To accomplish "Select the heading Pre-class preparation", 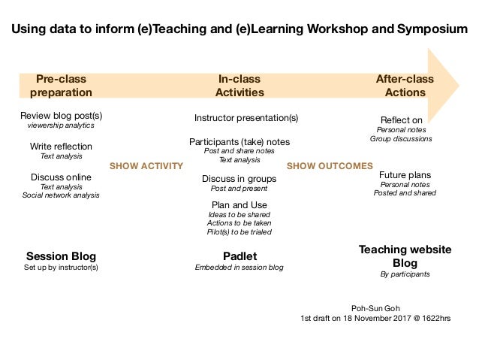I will (x=61, y=86).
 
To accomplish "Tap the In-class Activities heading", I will (x=240, y=86).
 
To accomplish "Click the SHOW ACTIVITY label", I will (x=146, y=166).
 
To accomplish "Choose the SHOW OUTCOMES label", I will (x=330, y=166).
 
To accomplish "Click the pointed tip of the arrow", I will (x=457, y=81).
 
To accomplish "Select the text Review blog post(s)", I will (x=61, y=116).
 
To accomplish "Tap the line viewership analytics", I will (x=61, y=126).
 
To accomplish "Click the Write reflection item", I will (x=61, y=147).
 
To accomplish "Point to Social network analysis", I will (x=61, y=195).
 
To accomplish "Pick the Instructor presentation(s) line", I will (x=246, y=118).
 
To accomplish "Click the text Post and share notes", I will (x=239, y=150).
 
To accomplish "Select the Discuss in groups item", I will (x=239, y=179).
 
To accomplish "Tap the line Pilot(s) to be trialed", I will (x=239, y=232).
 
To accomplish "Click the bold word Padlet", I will (x=239, y=256).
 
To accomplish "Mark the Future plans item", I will (x=405, y=175).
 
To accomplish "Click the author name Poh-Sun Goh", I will (x=375, y=307).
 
